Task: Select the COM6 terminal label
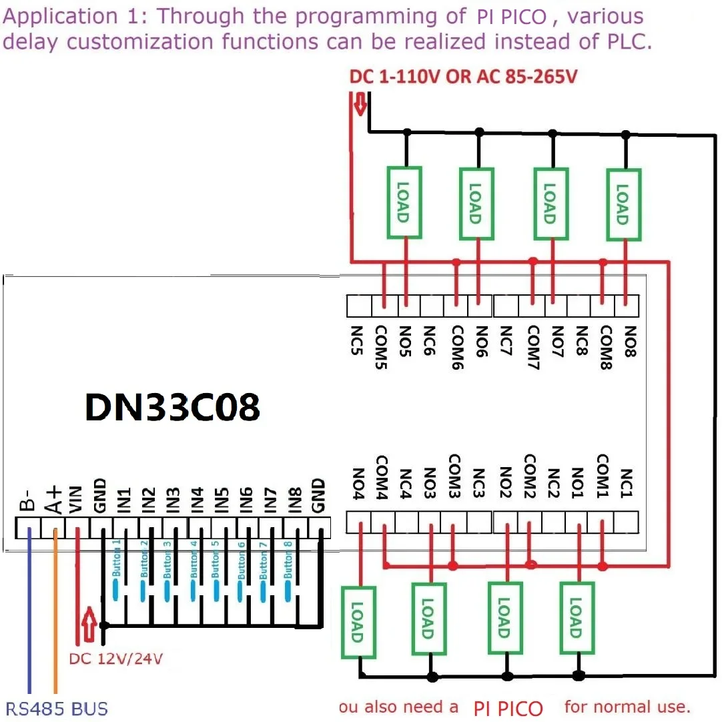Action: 457,343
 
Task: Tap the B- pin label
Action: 27,500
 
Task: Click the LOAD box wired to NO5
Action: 404,202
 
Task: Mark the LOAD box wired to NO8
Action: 623,202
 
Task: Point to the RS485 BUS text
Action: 57,709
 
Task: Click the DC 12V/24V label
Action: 116,659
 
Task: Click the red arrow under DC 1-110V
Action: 360,104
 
